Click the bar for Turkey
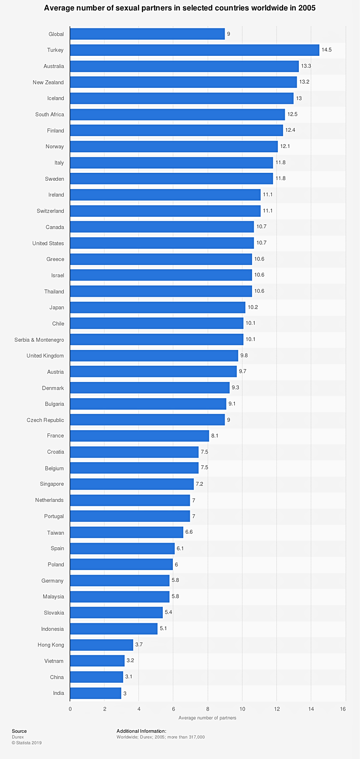(194, 50)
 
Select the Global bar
(147, 34)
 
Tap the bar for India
(95, 693)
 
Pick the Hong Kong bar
(101, 645)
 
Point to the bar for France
(139, 436)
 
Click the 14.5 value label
(326, 50)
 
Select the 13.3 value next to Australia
(306, 66)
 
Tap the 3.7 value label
(139, 645)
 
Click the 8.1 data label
(215, 436)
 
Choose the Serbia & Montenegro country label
(39, 340)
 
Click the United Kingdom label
(45, 356)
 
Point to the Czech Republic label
(45, 420)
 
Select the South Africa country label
(49, 114)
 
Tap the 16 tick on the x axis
(343, 709)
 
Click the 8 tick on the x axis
(208, 709)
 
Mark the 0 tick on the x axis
(70, 709)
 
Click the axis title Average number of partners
(207, 718)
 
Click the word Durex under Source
(18, 737)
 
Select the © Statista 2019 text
(27, 742)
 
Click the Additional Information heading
(141, 731)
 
